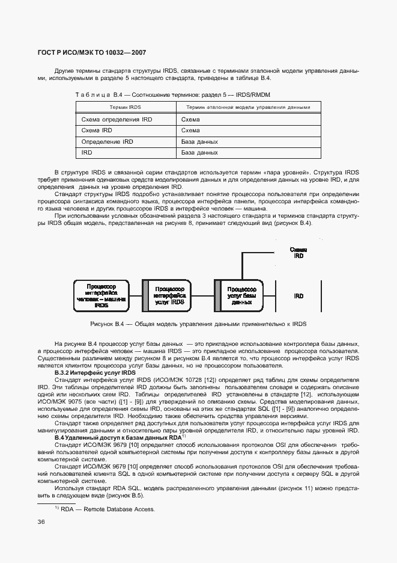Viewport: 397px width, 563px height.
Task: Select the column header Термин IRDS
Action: [124, 107]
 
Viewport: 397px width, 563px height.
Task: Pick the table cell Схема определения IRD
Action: [117, 120]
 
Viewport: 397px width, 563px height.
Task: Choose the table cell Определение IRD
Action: [107, 142]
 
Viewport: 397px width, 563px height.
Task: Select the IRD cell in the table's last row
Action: [86, 153]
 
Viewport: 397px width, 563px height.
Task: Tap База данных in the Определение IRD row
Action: [199, 142]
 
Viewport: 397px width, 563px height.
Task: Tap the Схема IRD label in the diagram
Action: [299, 252]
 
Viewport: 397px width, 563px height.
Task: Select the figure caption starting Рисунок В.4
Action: [198, 324]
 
